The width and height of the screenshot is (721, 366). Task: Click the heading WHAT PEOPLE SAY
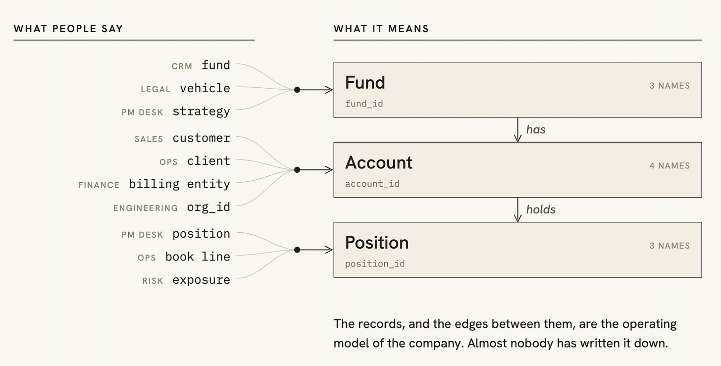(x=68, y=29)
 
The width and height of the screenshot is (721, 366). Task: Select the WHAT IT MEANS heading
(x=381, y=29)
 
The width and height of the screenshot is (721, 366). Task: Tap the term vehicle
(x=205, y=88)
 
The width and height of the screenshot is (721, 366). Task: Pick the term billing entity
(x=180, y=184)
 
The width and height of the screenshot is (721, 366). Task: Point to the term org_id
(x=208, y=207)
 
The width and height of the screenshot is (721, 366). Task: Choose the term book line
(x=198, y=257)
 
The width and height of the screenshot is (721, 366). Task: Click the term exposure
(x=202, y=280)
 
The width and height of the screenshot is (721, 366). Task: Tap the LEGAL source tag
(x=155, y=89)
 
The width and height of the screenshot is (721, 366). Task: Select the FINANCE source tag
(x=99, y=185)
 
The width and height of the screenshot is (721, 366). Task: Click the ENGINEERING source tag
(x=146, y=209)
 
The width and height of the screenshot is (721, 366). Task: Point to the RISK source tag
(x=153, y=281)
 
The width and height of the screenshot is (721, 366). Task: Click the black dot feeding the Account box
(x=297, y=170)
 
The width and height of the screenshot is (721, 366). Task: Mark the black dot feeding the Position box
(x=297, y=250)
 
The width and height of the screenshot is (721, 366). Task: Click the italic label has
(x=536, y=129)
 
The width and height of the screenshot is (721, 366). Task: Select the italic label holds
(x=541, y=209)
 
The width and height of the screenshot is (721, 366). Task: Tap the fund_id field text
(x=364, y=104)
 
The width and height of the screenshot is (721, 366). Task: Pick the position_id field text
(x=375, y=264)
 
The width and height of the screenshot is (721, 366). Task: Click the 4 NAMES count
(x=669, y=165)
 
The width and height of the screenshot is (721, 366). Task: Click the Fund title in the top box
(x=365, y=82)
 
